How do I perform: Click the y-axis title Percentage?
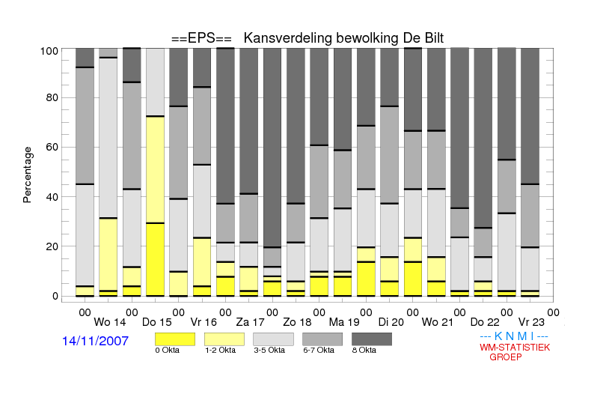pos(27,175)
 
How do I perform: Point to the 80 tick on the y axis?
pos(52,97)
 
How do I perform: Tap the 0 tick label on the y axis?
pos(55,296)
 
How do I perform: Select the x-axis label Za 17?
pos(250,322)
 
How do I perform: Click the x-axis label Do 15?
pos(157,322)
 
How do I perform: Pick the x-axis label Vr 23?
pos(531,322)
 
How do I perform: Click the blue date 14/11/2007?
pos(95,341)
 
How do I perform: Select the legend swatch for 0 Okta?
pos(175,339)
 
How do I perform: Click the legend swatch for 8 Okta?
pos(372,339)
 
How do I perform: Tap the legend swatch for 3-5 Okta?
pos(273,339)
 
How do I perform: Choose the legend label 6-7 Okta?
pos(319,350)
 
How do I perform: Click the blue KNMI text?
pos(514,336)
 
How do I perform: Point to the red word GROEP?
pos(506,357)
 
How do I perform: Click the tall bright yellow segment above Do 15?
pos(156,259)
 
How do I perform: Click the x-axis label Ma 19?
pos(344,322)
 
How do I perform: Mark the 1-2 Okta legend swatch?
pos(224,339)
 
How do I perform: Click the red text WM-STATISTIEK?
pos(515,348)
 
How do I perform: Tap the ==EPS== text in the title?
pos(201,38)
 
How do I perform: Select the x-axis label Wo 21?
pos(438,322)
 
